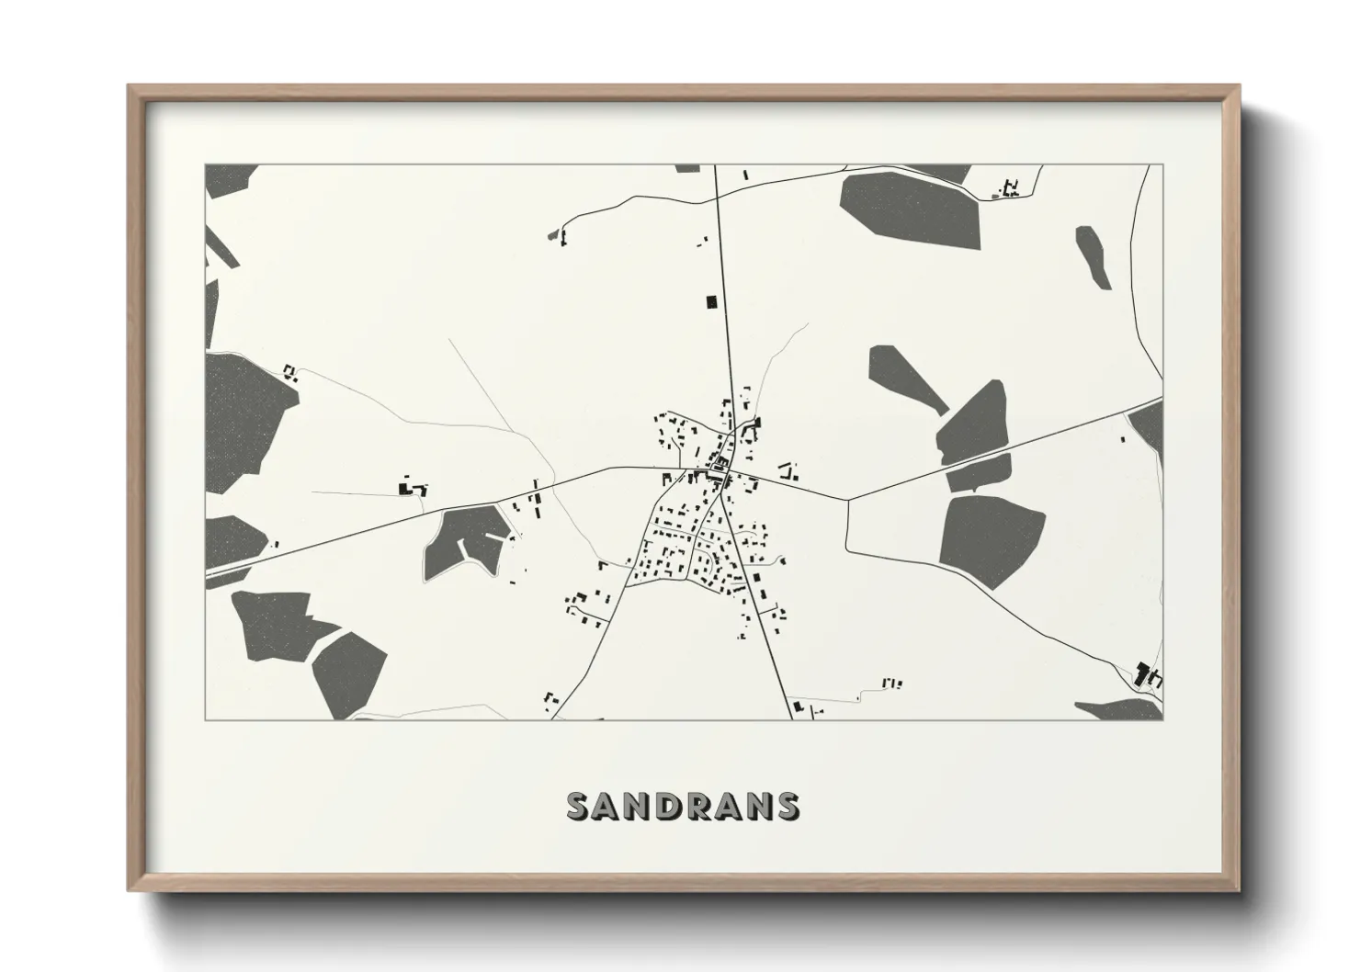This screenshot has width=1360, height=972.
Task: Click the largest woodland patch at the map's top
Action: [911, 209]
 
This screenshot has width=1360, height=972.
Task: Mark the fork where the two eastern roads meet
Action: [847, 501]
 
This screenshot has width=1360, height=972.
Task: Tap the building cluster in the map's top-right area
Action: [1010, 189]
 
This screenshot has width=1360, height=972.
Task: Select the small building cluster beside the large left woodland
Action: [290, 372]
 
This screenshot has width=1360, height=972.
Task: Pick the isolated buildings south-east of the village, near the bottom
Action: [891, 683]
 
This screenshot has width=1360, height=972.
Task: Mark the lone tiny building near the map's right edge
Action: [1122, 440]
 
